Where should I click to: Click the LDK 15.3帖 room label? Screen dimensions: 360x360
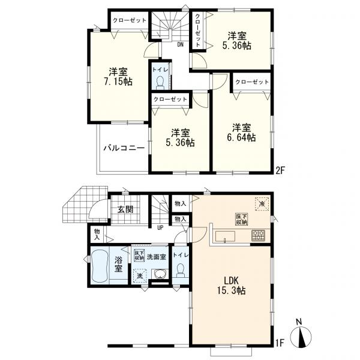[x=231, y=285]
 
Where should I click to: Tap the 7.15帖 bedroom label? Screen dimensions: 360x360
[x=118, y=77]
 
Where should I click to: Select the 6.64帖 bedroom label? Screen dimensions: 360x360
[x=241, y=133]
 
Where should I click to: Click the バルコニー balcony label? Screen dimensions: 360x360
[x=124, y=148]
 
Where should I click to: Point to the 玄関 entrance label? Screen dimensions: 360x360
[x=125, y=209]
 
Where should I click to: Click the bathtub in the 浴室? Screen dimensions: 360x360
[x=100, y=266]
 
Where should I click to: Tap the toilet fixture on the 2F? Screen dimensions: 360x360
[x=160, y=83]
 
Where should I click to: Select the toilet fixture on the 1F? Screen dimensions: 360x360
[x=181, y=271]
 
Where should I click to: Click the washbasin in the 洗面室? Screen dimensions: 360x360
[x=160, y=274]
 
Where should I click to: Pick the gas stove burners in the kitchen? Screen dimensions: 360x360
[x=258, y=235]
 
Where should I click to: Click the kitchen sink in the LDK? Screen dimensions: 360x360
[x=225, y=236]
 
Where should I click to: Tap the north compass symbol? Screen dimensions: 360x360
[x=301, y=335]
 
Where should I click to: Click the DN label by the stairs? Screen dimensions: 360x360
[x=181, y=44]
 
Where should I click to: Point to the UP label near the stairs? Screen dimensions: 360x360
[x=160, y=228]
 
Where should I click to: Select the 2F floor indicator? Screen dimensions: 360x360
[x=280, y=170]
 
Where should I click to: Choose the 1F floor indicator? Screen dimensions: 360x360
[x=280, y=343]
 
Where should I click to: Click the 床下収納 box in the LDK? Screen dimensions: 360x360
[x=242, y=219]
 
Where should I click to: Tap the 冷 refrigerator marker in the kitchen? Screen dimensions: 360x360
[x=262, y=203]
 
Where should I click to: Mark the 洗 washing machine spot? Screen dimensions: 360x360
[x=140, y=276]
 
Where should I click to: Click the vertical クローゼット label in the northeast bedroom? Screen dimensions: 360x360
[x=197, y=30]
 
